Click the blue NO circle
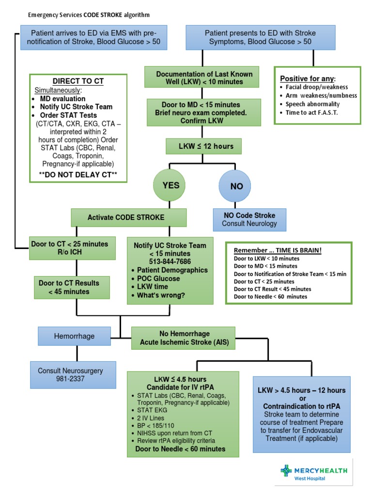[236, 186]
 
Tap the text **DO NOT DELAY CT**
[78, 173]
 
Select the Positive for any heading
[308, 78]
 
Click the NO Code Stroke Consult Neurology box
[249, 219]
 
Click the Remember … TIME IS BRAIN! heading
[278, 250]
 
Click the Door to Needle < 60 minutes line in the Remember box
[270, 296]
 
